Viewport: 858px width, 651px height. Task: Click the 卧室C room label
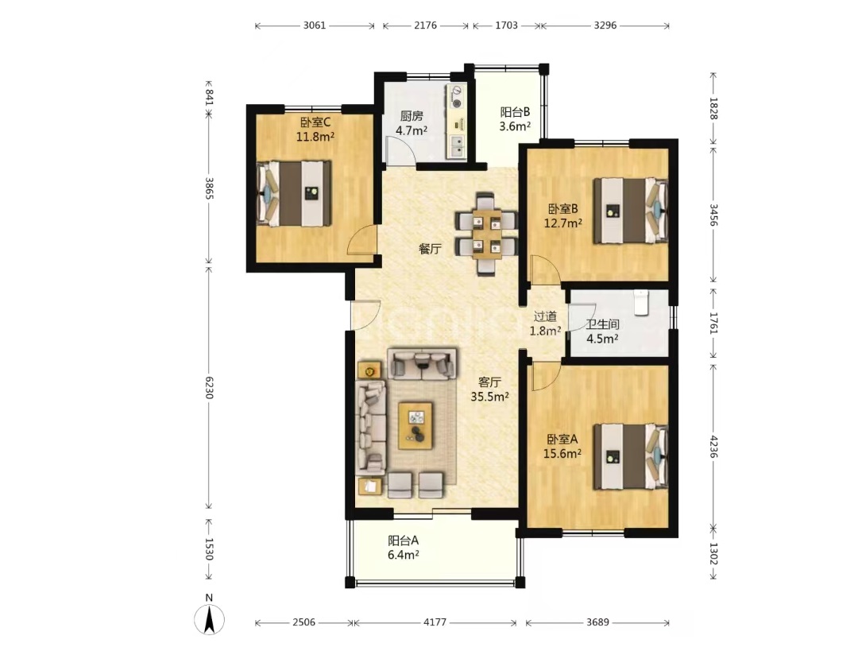tap(315, 122)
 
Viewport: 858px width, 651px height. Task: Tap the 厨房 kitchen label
tap(412, 116)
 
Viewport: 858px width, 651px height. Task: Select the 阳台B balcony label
tap(515, 112)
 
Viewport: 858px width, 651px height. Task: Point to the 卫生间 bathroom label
tap(602, 324)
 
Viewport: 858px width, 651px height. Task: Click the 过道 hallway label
tap(545, 316)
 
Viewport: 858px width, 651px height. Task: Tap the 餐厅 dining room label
tap(430, 249)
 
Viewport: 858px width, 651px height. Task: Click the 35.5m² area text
tap(489, 397)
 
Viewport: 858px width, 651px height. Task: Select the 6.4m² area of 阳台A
tap(404, 555)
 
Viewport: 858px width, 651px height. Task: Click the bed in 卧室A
tap(631, 456)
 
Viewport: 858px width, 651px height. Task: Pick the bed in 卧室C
tap(295, 192)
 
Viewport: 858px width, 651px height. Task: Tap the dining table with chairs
tap(486, 234)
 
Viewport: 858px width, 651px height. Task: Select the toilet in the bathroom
tap(641, 303)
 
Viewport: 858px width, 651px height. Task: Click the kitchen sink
tap(457, 146)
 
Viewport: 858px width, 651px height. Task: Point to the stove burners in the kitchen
tap(456, 96)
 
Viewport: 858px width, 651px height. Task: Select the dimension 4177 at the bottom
tap(435, 622)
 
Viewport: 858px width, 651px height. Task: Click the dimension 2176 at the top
tap(425, 25)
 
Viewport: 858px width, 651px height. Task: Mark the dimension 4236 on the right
tap(713, 446)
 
